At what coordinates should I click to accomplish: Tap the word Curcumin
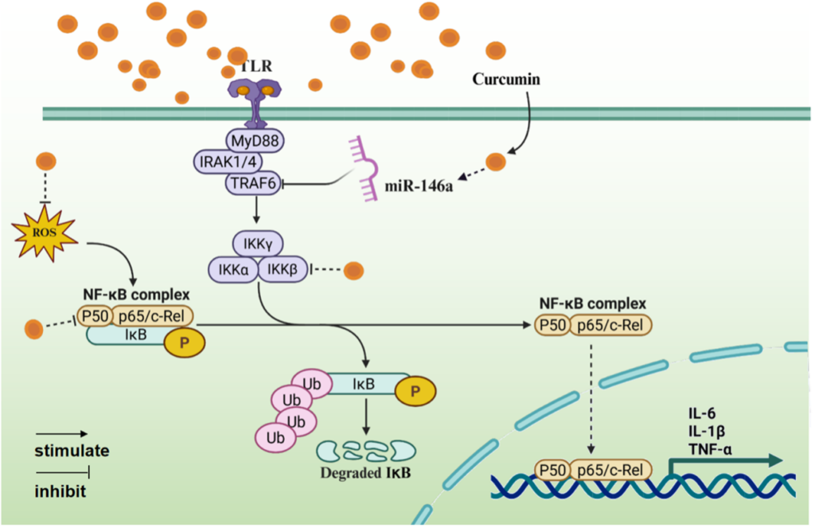pyautogui.click(x=506, y=79)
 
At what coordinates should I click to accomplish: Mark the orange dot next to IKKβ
pyautogui.click(x=353, y=271)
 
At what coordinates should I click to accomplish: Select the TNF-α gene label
pyautogui.click(x=711, y=448)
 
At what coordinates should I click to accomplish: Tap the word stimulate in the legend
pyautogui.click(x=72, y=452)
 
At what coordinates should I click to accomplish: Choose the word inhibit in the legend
pyautogui.click(x=60, y=491)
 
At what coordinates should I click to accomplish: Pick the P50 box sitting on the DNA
pyautogui.click(x=554, y=470)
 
